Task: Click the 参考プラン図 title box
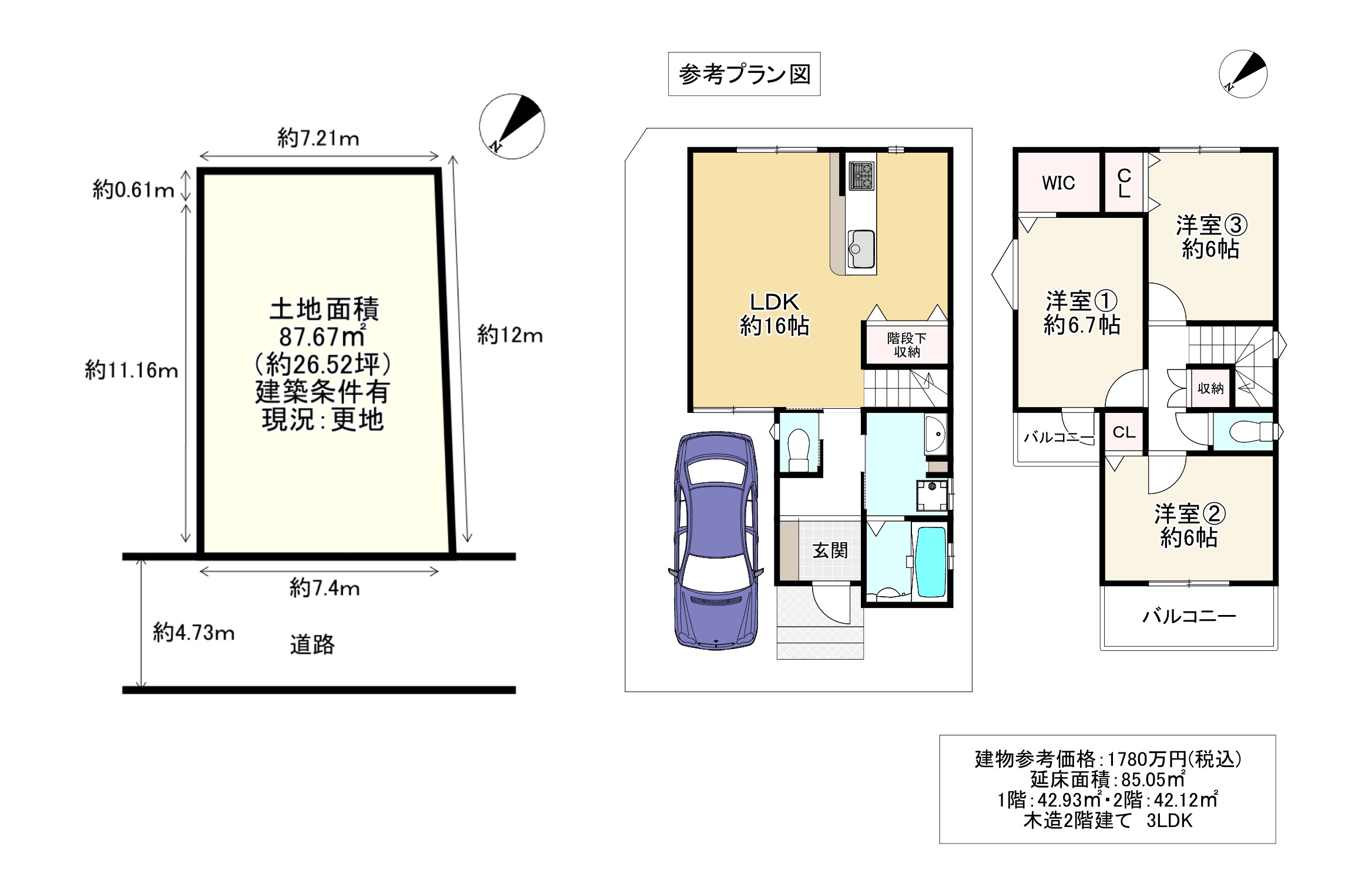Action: [x=744, y=74]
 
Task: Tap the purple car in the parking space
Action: [x=716, y=541]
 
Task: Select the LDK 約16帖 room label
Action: [x=774, y=314]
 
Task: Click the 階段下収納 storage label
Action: [x=907, y=345]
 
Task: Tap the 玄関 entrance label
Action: [x=830, y=550]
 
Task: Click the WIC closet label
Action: [x=1058, y=183]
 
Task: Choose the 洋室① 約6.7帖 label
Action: [x=1082, y=313]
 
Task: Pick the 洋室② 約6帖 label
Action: [x=1189, y=526]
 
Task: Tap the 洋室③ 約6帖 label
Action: [x=1211, y=237]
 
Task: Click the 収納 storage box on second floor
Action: [x=1210, y=388]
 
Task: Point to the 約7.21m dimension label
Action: [x=318, y=139]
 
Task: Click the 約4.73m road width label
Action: [x=194, y=633]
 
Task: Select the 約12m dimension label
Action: [x=509, y=335]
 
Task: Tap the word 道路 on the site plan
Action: [x=312, y=644]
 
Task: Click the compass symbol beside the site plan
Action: [x=512, y=126]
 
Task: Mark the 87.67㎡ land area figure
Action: [x=322, y=337]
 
